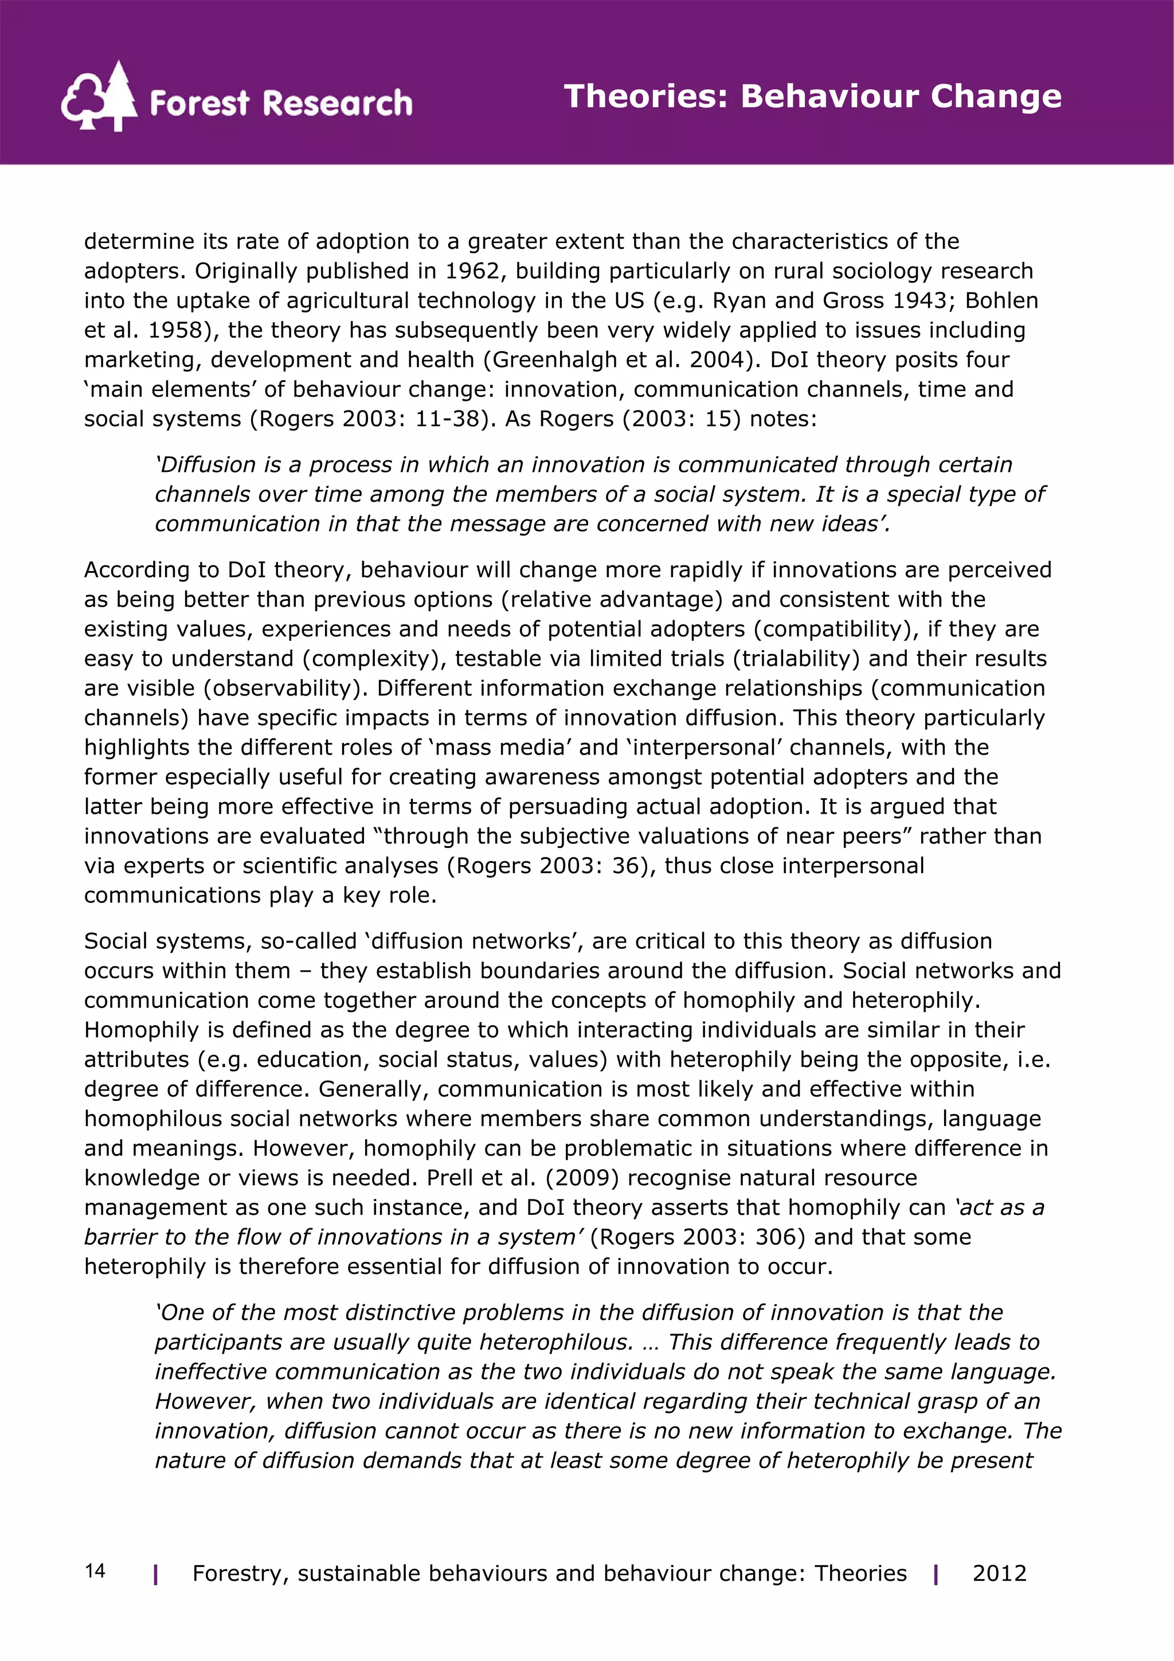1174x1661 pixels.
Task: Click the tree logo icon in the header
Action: tap(99, 96)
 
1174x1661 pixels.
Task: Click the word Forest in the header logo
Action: tap(199, 103)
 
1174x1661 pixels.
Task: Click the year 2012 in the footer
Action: tap(999, 1573)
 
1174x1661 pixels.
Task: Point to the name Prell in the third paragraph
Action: tap(450, 1177)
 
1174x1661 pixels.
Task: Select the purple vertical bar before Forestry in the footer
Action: tap(155, 1574)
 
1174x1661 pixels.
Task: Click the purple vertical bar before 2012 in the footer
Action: tap(936, 1574)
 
